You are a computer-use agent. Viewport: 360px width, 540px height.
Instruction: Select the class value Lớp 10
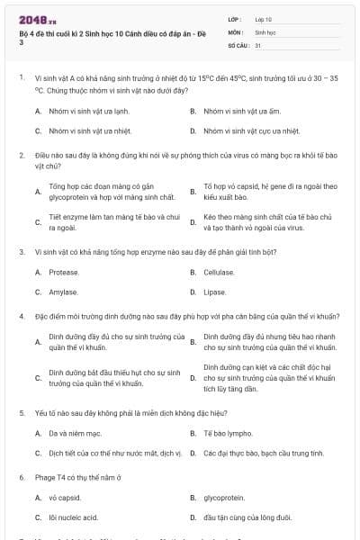[264, 19]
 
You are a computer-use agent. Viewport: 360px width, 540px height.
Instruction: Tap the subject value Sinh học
[265, 31]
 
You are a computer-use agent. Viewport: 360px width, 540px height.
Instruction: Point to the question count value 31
[258, 44]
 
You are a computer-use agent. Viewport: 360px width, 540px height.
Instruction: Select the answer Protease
[64, 272]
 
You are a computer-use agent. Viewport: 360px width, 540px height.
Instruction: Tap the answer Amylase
[63, 292]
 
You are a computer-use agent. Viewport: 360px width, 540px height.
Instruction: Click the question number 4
[22, 317]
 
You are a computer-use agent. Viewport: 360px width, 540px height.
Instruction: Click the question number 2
[22, 156]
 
